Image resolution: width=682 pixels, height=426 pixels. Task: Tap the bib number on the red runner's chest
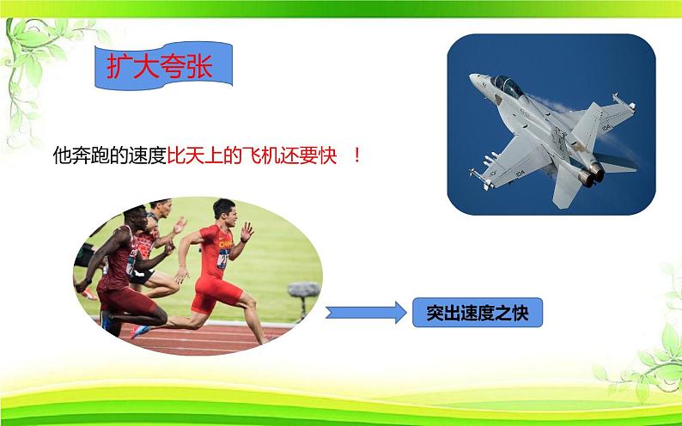[223, 257]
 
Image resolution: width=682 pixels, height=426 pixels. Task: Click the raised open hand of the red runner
[247, 232]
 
